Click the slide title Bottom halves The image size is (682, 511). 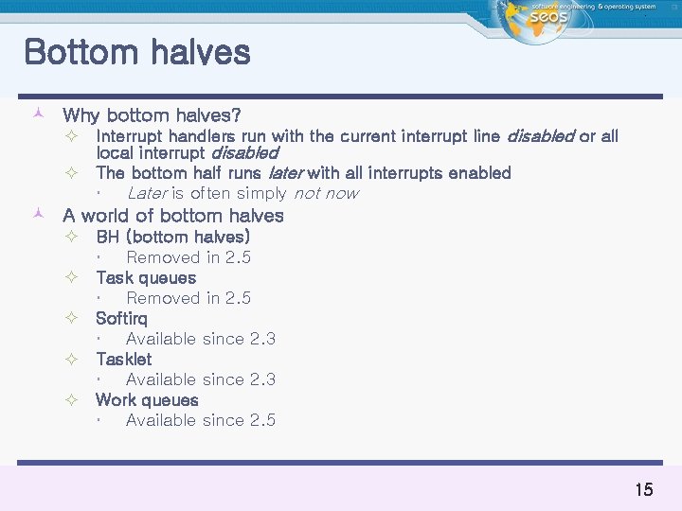137,52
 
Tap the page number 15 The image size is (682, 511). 643,489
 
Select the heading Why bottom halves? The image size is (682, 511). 152,115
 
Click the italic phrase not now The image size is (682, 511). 325,193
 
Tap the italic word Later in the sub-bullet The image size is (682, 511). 147,193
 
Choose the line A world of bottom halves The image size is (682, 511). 172,216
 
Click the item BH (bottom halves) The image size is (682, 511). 172,237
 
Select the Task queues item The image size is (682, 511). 146,277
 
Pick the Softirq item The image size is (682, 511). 121,318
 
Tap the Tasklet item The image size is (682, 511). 123,359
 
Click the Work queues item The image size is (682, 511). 147,399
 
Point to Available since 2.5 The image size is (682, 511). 201,420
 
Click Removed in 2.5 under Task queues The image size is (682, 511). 188,298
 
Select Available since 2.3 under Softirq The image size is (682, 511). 201,339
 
